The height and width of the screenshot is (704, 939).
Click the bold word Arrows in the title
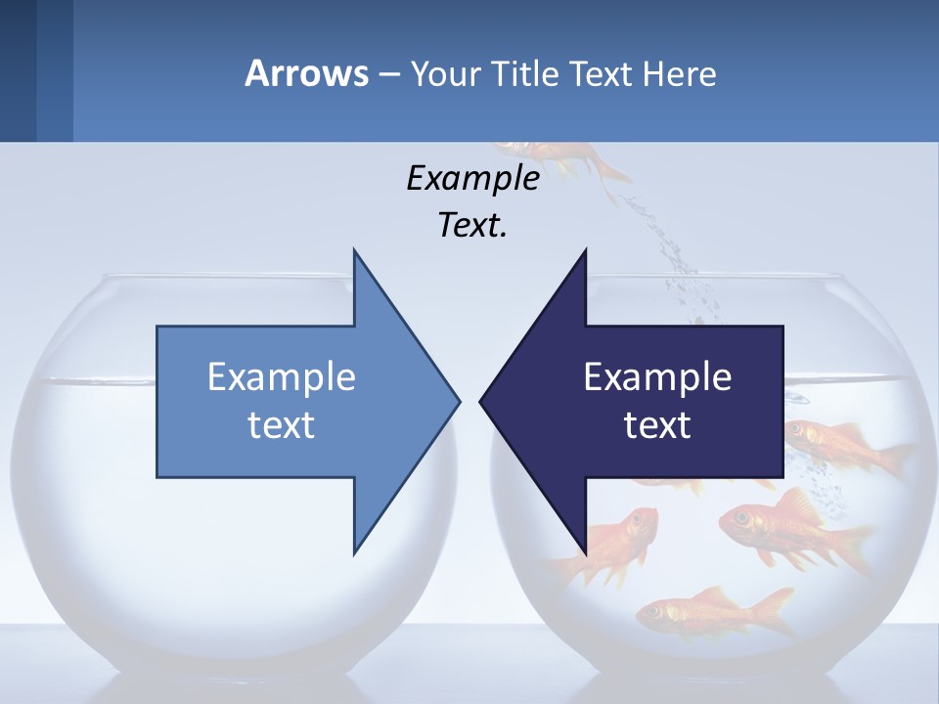pos(306,73)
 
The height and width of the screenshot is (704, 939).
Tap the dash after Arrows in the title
pos(388,74)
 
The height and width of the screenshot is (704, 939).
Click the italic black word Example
pos(472,179)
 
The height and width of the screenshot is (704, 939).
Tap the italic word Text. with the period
pos(472,226)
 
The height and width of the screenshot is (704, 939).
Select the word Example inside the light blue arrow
pos(282,377)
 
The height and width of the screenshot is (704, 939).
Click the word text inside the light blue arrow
pos(282,425)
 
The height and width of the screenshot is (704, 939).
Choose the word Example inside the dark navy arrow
pos(657,377)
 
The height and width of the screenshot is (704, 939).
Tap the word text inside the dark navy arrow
pos(657,425)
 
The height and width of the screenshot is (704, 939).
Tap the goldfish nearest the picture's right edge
pos(841,445)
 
